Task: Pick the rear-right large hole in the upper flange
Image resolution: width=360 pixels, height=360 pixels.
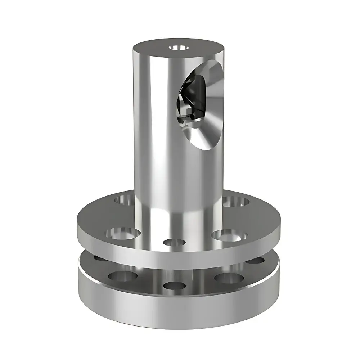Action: tap(236, 202)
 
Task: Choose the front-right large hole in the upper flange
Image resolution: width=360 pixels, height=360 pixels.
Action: tap(229, 236)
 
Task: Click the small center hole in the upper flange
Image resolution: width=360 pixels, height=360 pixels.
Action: tap(174, 242)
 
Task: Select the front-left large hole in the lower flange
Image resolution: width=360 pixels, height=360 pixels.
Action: tap(122, 276)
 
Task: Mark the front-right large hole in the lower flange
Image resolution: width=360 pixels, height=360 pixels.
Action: tap(227, 278)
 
